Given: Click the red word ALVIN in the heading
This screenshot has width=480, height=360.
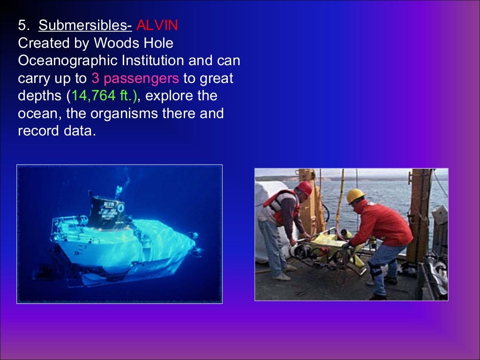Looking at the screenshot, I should coord(157,25).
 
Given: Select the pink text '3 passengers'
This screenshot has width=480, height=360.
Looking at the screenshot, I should coord(135,78).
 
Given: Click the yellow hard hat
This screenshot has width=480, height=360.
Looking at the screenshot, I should coord(356,195).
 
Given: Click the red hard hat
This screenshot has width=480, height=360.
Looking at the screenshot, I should coord(305,188).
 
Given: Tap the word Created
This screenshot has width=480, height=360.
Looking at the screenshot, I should coord(44,43).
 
